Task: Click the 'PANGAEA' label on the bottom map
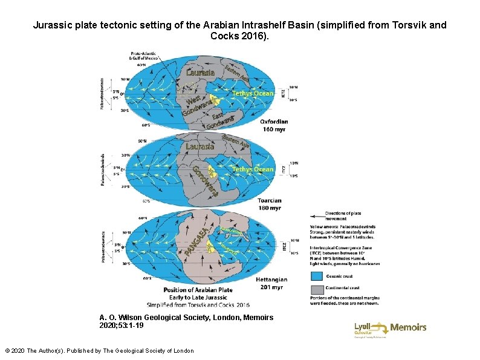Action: pos(199,241)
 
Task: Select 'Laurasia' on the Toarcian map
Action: pos(199,146)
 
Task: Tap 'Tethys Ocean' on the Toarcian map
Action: pos(253,169)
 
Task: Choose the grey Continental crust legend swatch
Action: pos(317,287)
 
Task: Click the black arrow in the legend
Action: pos(316,215)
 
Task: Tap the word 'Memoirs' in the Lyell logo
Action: pos(408,327)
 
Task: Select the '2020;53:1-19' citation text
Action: pos(122,326)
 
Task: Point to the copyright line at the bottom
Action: pos(99,350)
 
